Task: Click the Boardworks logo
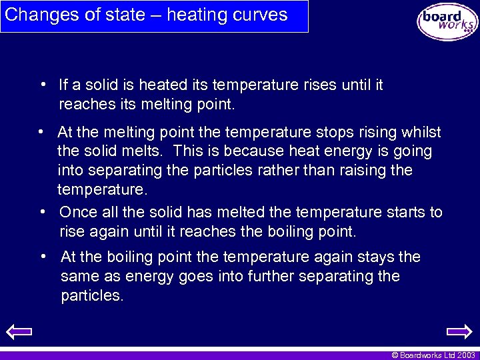click(x=447, y=22)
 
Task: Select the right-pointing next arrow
click(x=459, y=331)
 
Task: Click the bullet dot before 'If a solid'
click(x=42, y=85)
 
